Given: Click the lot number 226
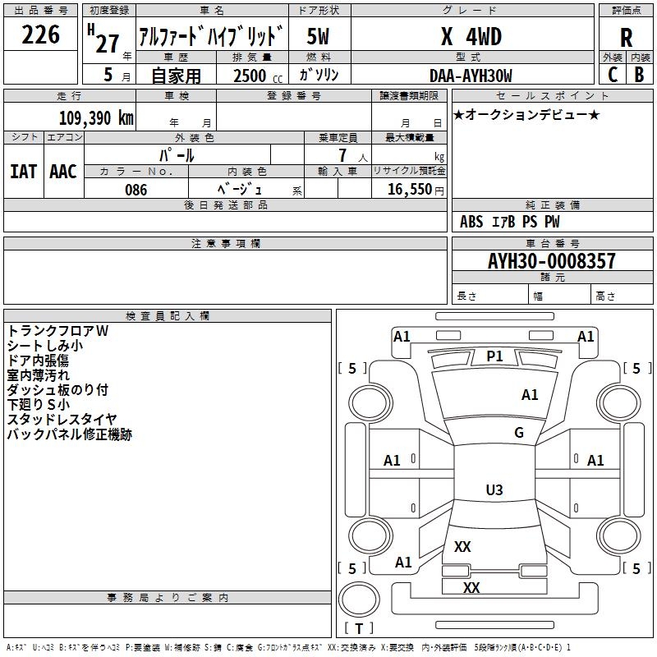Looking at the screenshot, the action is (x=40, y=34).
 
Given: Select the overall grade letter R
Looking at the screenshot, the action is (x=626, y=38).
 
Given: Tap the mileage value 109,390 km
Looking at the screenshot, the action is (x=96, y=117).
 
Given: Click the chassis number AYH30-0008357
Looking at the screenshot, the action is (x=551, y=261).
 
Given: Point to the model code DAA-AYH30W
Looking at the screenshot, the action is (x=471, y=76).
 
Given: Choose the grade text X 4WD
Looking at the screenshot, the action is (x=471, y=36).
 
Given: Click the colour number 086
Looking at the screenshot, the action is (x=136, y=190).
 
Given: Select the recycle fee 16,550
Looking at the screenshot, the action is (x=409, y=190).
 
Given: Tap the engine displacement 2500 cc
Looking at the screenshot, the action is (x=258, y=76).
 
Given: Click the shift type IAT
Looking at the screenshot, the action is (x=23, y=172).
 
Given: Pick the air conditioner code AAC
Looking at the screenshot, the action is (x=63, y=172).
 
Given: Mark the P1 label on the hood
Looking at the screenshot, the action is (x=494, y=356).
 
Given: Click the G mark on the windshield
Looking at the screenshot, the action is (x=519, y=433).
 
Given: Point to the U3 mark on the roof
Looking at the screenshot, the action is (x=494, y=489).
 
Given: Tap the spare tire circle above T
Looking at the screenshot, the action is (x=359, y=600).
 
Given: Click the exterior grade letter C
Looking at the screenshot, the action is (x=613, y=75).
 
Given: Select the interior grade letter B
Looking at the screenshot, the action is (x=639, y=75).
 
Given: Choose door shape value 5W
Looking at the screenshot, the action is (x=318, y=36).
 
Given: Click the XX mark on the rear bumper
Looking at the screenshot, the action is (x=471, y=587).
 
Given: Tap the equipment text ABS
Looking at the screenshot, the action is (x=471, y=222).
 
